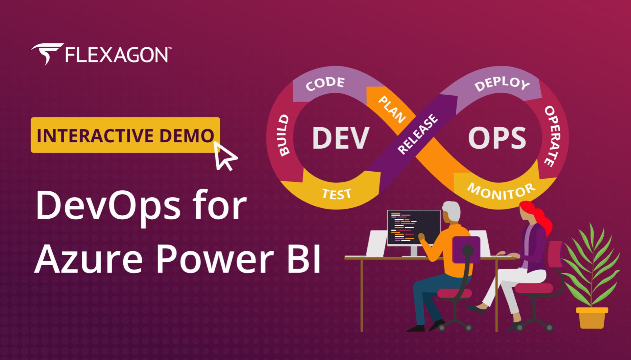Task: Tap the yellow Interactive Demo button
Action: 125,135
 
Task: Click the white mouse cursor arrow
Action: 224,156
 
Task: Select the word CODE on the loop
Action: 325,84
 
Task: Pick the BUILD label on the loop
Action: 284,135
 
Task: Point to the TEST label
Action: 336,194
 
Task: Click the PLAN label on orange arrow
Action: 392,109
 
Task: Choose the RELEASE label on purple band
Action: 418,134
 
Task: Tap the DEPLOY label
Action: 502,84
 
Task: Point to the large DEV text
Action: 340,138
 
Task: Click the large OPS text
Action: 497,138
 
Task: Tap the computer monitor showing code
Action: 413,228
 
